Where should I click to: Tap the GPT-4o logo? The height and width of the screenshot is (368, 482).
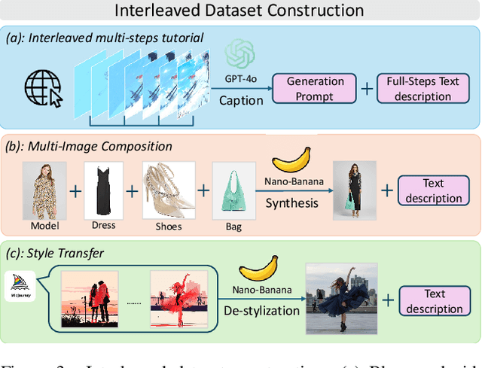tap(240, 54)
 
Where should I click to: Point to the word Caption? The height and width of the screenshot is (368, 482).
tap(240, 99)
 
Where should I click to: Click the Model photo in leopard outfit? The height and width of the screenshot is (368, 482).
tap(44, 192)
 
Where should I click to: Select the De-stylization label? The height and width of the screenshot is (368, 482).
tap(261, 309)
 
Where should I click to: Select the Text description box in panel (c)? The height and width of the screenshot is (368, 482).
tap(435, 301)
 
